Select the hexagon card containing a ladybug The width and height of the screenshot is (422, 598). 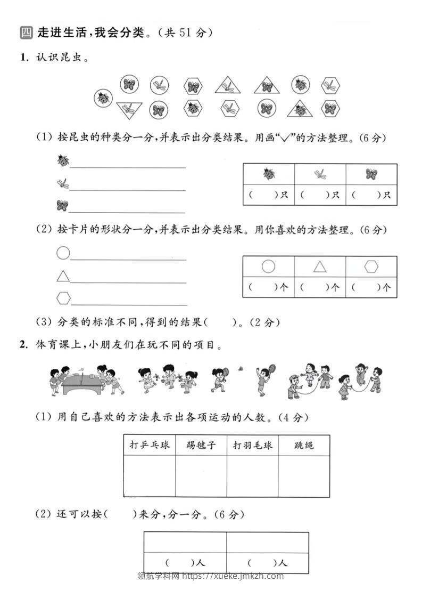click(x=193, y=109)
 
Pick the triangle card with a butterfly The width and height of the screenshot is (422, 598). click(x=267, y=86)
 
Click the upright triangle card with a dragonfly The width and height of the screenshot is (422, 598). click(x=228, y=85)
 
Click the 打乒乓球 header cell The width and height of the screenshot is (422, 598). click(x=150, y=445)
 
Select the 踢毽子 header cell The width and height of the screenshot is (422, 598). click(x=201, y=445)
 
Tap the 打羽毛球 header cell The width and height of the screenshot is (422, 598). click(x=253, y=445)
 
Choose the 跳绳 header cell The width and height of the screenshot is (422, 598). click(x=304, y=445)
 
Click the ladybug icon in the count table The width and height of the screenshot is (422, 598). click(x=268, y=174)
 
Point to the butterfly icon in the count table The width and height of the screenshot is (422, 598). click(x=371, y=174)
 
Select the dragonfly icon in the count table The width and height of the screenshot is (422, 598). click(x=320, y=173)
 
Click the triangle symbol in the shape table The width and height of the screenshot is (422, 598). click(x=320, y=266)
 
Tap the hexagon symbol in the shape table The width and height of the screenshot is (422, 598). click(x=371, y=266)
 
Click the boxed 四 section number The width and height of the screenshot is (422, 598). click(x=26, y=33)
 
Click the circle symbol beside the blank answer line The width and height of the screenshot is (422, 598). click(x=63, y=253)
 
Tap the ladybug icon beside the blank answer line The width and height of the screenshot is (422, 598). click(x=63, y=160)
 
